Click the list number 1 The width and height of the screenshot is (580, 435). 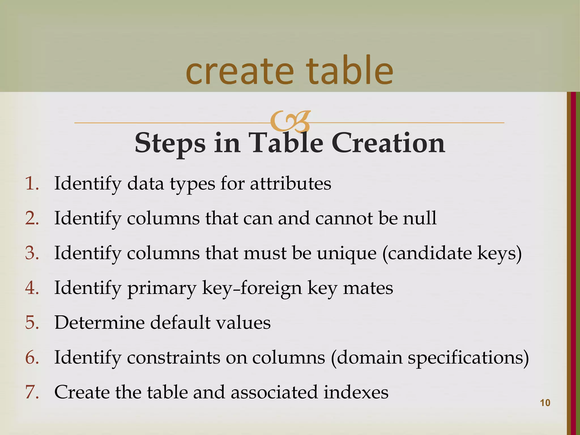[32, 184]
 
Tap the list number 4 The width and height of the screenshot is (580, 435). [32, 288]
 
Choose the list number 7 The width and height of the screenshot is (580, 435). [32, 393]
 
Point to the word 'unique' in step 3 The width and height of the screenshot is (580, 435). [347, 253]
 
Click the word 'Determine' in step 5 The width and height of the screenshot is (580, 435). [99, 323]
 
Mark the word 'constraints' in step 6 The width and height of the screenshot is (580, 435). [173, 358]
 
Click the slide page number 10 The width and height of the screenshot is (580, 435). [545, 403]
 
